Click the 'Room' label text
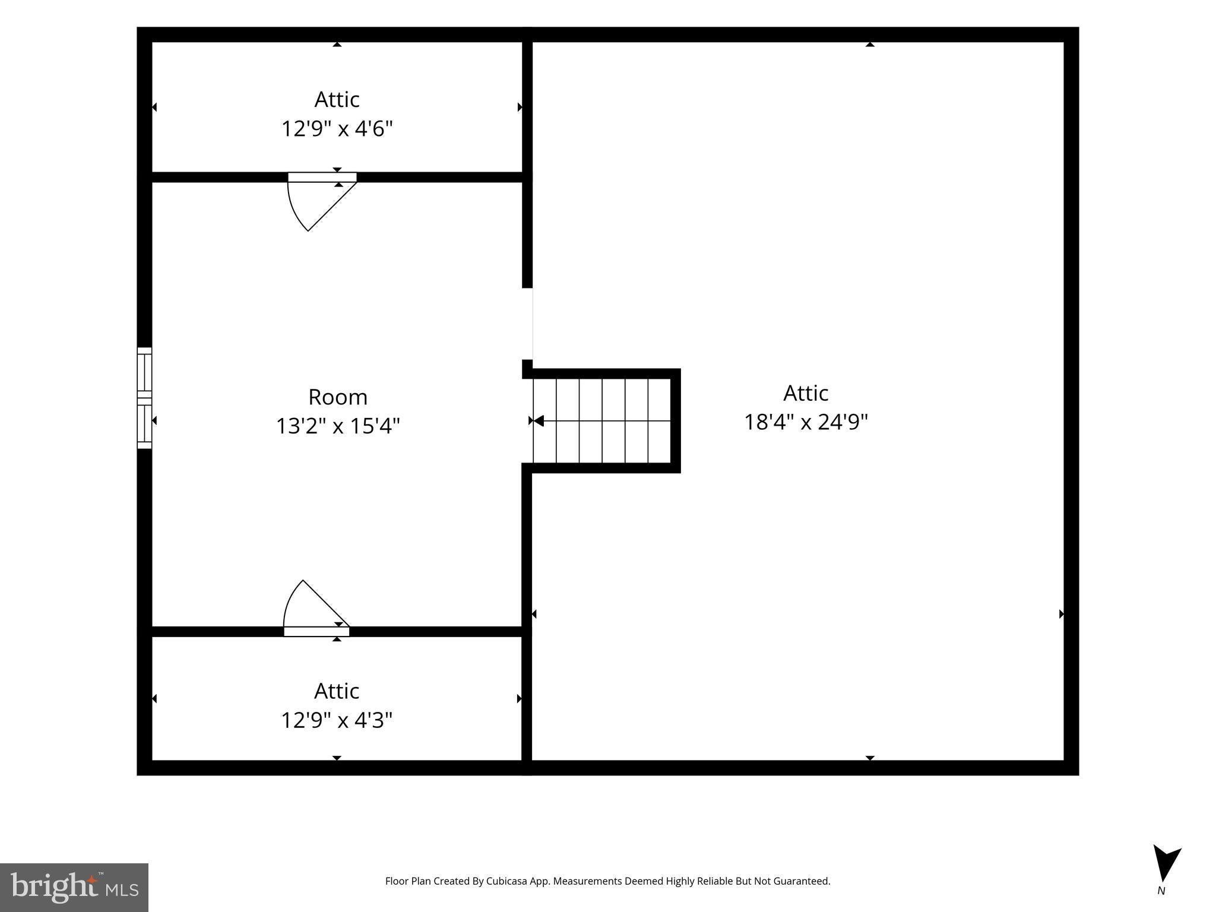point(338,397)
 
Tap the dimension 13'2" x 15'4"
point(338,426)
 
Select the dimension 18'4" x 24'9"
point(806,422)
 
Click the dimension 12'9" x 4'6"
point(337,128)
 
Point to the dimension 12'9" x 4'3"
point(337,720)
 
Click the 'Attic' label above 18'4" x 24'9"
point(806,392)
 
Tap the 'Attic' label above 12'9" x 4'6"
point(337,99)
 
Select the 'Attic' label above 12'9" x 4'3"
point(337,691)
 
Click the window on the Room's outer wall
point(144,398)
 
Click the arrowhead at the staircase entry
point(538,420)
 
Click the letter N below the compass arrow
point(1161,891)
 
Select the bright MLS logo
point(74,887)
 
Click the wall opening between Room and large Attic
point(527,324)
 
